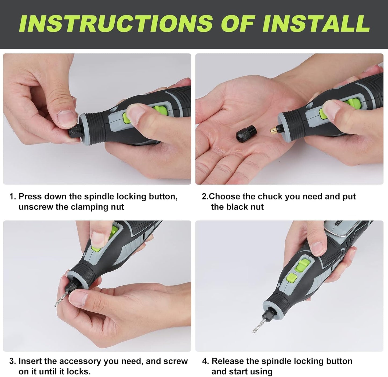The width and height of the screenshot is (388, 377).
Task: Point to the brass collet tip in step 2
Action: [x=273, y=130]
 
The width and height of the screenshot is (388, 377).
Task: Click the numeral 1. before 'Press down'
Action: [x=13, y=197]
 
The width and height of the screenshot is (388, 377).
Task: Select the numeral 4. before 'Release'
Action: [x=205, y=361]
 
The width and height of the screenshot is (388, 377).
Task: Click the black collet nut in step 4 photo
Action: [x=268, y=315]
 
